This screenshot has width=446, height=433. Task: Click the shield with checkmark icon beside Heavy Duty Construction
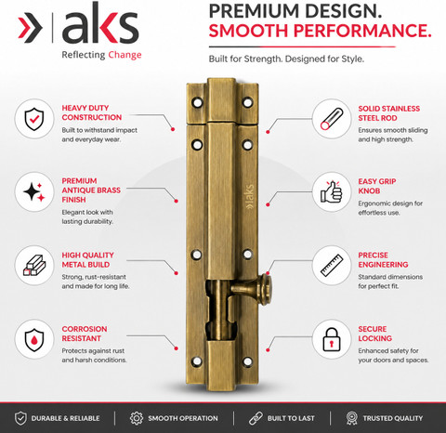[34, 119]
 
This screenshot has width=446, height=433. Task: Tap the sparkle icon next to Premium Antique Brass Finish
[34, 191]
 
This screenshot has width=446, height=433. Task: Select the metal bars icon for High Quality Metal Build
[34, 265]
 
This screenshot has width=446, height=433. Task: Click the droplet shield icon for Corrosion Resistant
[34, 340]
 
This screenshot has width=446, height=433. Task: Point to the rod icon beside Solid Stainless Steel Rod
[332, 119]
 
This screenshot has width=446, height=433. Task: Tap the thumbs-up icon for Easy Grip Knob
[332, 191]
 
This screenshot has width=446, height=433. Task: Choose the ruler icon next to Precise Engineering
[332, 265]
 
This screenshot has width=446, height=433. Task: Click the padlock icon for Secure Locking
[332, 339]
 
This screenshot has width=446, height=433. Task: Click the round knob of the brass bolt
[266, 289]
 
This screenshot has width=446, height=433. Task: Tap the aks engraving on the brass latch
[250, 197]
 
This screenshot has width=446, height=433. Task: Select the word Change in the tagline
[125, 55]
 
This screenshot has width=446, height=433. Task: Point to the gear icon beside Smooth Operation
[137, 418]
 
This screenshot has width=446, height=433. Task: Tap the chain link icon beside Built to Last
[256, 418]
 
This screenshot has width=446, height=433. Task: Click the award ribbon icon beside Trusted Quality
[352, 418]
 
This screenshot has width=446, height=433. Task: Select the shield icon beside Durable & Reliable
[20, 418]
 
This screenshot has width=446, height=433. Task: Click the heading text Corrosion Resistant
[85, 334]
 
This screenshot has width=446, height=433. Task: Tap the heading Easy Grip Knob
[377, 186]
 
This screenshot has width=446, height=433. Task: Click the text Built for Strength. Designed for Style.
[286, 59]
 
